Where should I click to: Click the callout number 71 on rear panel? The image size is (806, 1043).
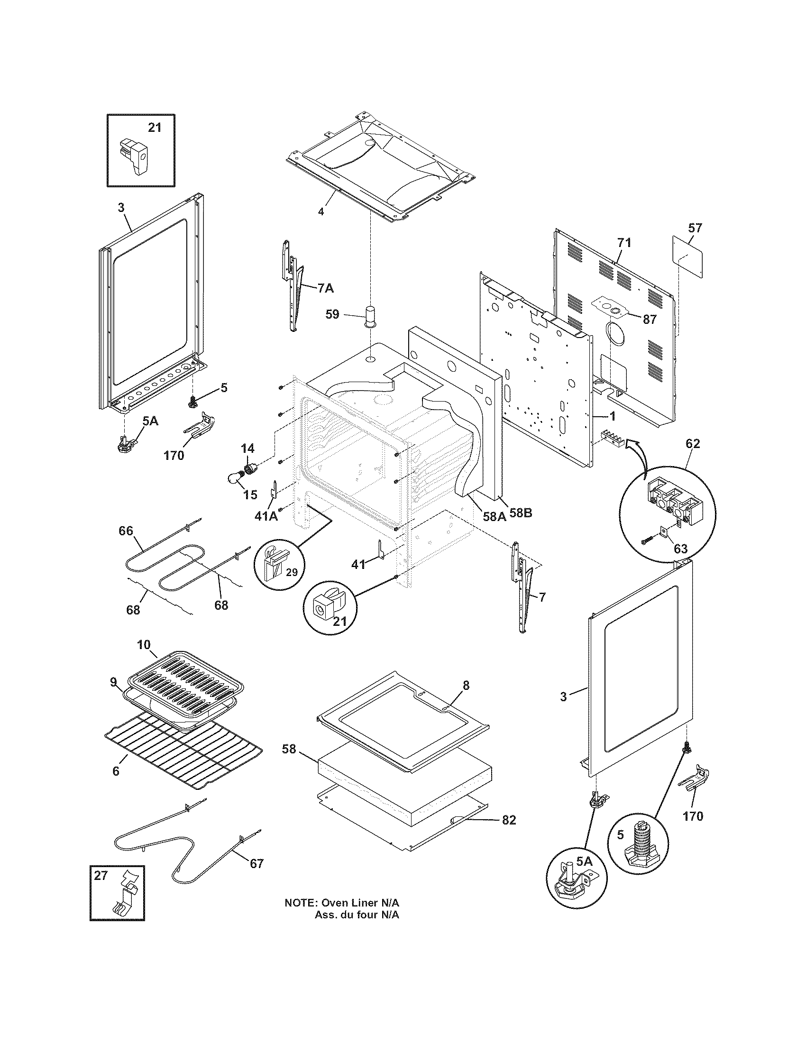(x=624, y=243)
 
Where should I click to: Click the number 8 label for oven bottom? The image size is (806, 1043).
(x=466, y=686)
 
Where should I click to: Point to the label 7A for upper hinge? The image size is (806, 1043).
(x=325, y=288)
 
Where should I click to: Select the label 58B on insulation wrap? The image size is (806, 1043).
(x=521, y=514)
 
